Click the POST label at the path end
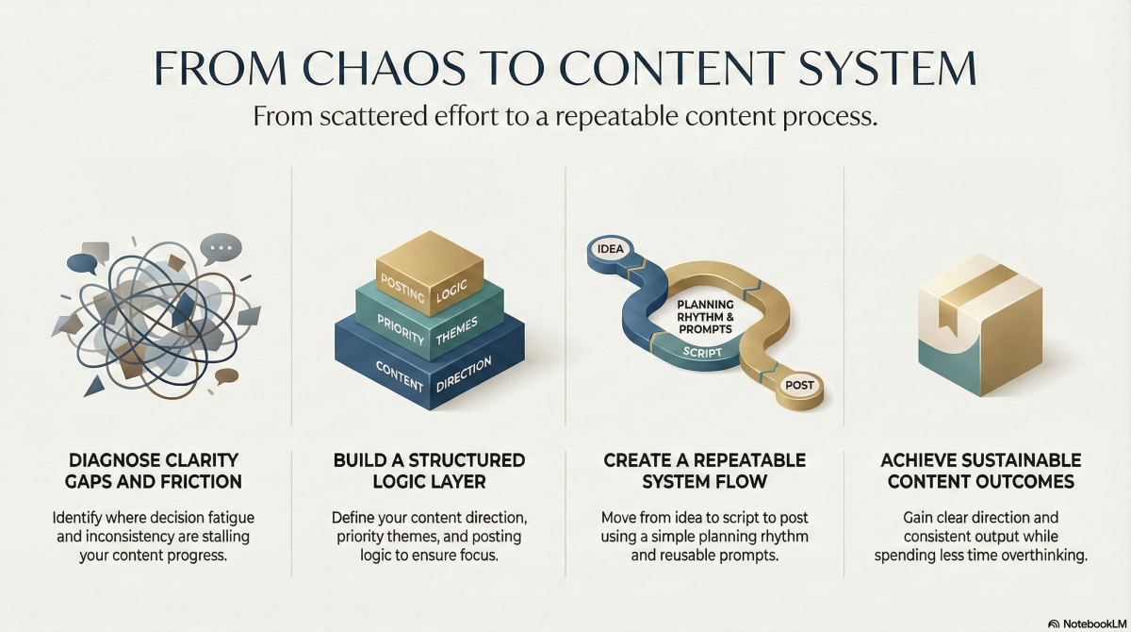click(x=799, y=384)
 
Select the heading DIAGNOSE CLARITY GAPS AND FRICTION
click(x=155, y=471)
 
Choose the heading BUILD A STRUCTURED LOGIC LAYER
click(x=429, y=471)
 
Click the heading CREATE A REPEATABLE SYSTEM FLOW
click(x=706, y=471)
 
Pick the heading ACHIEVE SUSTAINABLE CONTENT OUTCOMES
click(x=980, y=471)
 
